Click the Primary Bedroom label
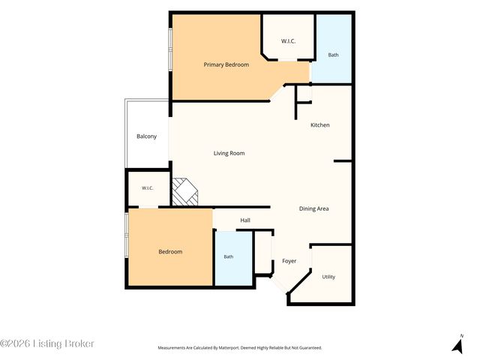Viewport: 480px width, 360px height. [226, 64]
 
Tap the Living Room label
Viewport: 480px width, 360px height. [229, 153]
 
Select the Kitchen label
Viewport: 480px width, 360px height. [320, 125]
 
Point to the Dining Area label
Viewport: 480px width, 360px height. [313, 208]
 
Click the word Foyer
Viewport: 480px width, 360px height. [289, 261]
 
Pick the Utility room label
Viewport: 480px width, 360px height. [328, 277]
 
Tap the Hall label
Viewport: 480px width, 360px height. [245, 220]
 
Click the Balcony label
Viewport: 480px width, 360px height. [147, 136]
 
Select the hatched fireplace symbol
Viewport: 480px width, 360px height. [185, 192]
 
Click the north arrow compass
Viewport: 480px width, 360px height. [458, 344]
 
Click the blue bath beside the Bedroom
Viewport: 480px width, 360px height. [234, 258]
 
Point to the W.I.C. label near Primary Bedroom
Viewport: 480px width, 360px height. [288, 41]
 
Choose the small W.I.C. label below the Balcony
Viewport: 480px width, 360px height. [148, 188]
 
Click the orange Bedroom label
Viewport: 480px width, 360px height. [170, 252]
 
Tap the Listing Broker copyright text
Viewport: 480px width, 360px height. [47, 343]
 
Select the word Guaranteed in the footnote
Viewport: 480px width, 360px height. [312, 348]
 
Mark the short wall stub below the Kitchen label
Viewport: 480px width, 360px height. [343, 160]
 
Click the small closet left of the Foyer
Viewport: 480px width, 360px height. [263, 253]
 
